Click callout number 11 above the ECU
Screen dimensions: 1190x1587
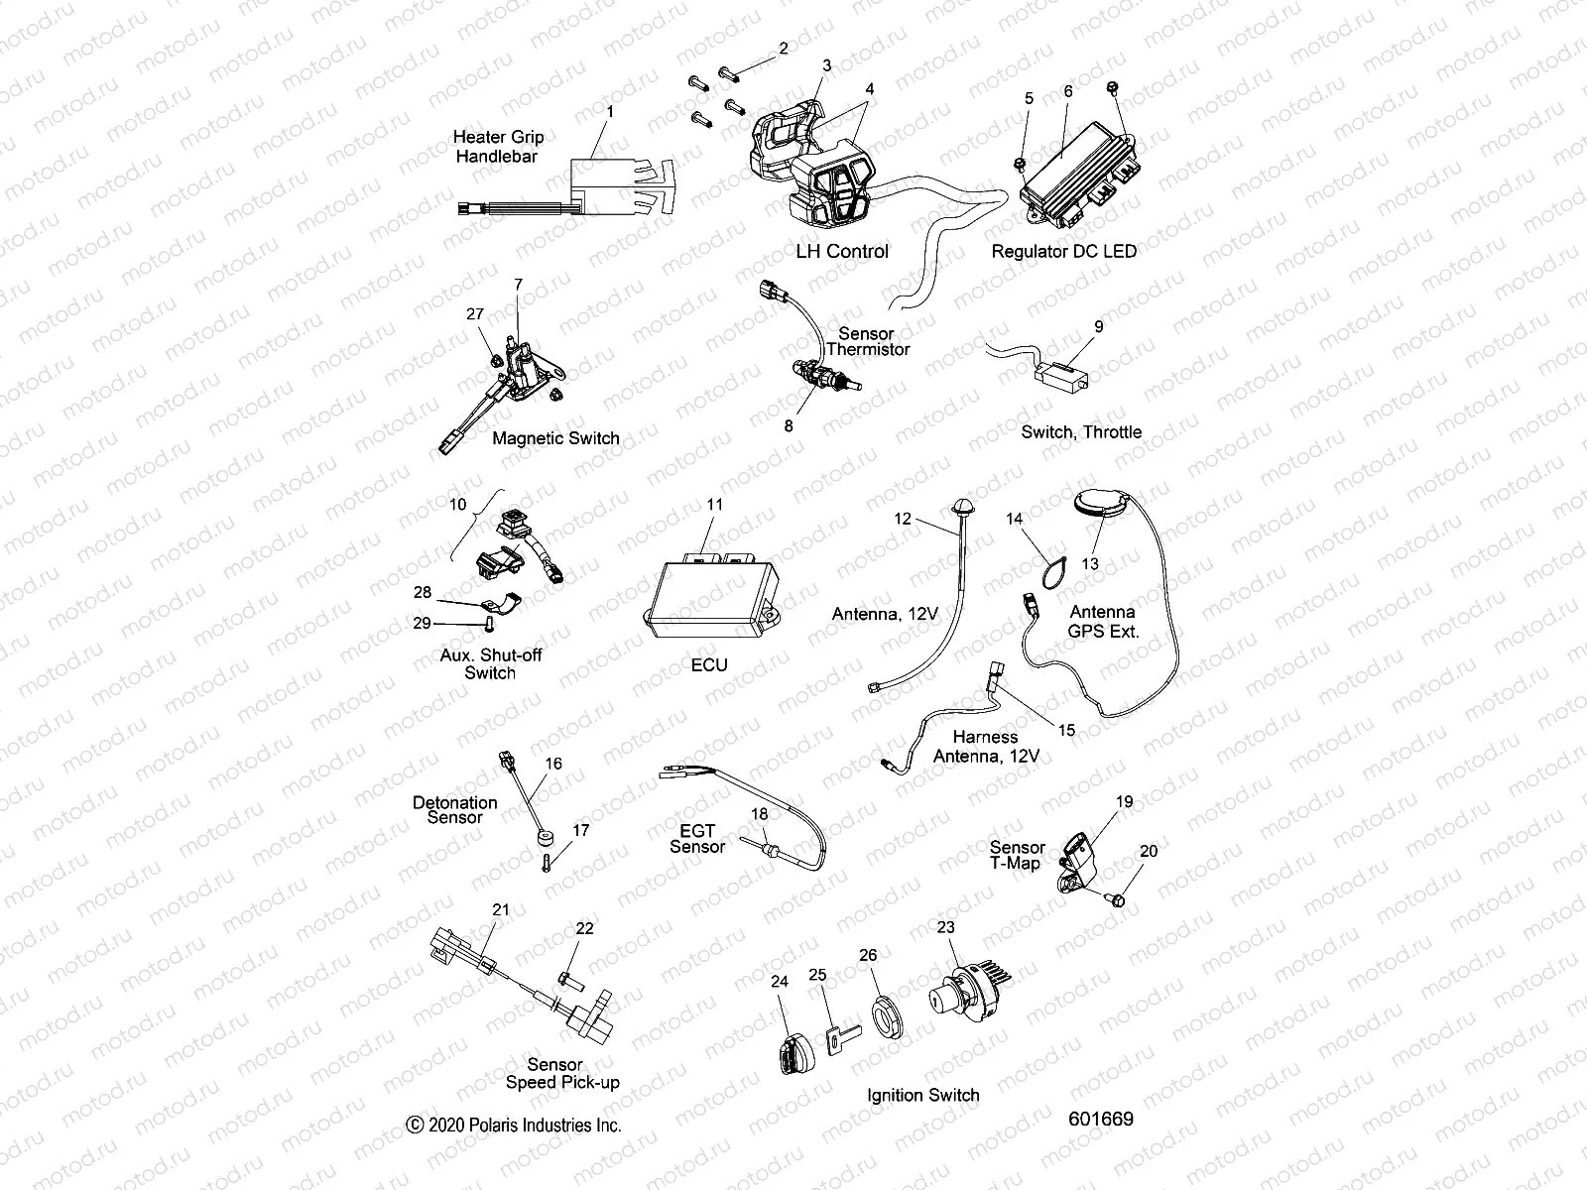(715, 505)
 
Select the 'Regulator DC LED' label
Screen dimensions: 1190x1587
(1063, 251)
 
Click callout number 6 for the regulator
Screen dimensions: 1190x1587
(1068, 91)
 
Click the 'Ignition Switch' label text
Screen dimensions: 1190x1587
(922, 1095)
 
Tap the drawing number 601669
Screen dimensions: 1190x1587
(1101, 1119)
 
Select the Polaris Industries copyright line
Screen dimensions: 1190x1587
(514, 1125)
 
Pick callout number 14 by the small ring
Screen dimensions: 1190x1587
(1014, 519)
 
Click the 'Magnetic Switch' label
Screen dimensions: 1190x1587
(555, 438)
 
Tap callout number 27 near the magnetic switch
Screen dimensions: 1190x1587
(475, 314)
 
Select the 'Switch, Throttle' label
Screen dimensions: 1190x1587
(1081, 432)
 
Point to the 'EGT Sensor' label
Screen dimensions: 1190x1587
(697, 838)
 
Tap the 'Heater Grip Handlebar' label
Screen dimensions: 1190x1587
(498, 147)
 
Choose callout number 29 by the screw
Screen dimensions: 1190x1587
(422, 623)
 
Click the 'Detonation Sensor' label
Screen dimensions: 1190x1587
(455, 809)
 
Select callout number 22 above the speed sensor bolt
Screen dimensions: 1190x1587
(584, 928)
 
